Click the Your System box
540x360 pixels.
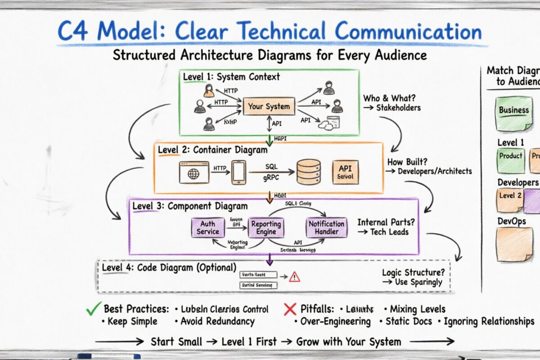(269, 107)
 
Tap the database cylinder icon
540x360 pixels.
(309, 172)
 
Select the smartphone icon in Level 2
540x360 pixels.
(238, 172)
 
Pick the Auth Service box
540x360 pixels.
(207, 227)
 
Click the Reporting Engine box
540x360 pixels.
(266, 227)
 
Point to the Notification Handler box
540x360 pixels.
(327, 227)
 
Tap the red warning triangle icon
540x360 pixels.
(295, 276)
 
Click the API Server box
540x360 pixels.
(345, 172)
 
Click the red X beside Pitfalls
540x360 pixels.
(290, 309)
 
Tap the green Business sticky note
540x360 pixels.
(513, 112)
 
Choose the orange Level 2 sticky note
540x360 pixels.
(510, 200)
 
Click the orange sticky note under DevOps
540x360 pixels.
(513, 243)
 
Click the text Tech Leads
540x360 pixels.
(389, 232)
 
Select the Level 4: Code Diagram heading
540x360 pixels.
(169, 267)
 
